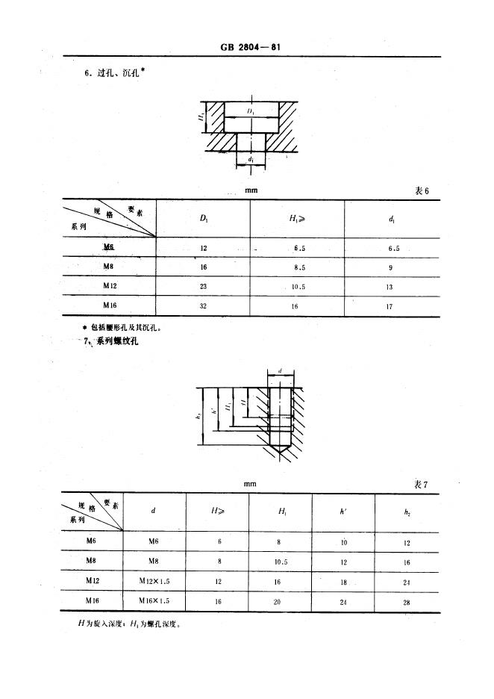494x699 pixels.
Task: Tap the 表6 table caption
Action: (x=422, y=191)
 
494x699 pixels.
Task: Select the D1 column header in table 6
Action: (x=204, y=218)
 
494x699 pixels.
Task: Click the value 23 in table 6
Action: (x=204, y=286)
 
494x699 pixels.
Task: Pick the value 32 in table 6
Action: (x=204, y=305)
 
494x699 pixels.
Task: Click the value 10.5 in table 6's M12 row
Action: (x=298, y=286)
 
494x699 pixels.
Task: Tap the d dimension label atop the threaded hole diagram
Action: (x=278, y=370)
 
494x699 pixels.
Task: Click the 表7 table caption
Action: (x=421, y=485)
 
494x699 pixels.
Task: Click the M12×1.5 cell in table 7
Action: (x=154, y=580)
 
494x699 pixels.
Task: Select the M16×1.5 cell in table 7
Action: (x=154, y=600)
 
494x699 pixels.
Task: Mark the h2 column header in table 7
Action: (x=407, y=512)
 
